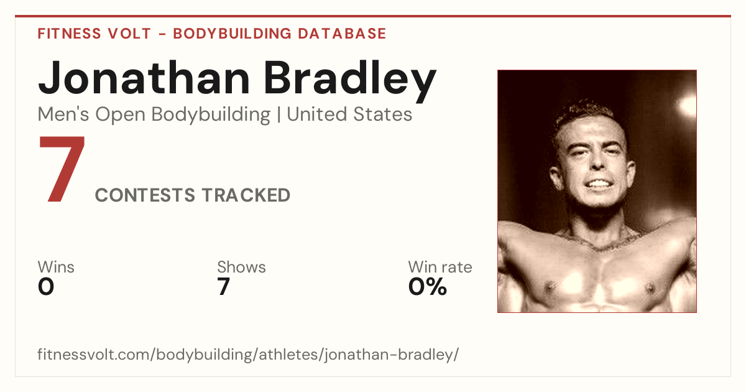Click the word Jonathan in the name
tap(144, 78)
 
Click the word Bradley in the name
tap(350, 82)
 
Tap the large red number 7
tap(62, 169)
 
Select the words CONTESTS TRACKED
tap(193, 195)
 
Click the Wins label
tap(56, 267)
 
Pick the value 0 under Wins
tap(46, 287)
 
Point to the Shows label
tap(241, 267)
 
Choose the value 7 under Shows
tap(223, 287)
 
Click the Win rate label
tap(440, 267)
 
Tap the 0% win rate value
tap(428, 287)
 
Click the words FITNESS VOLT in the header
tap(94, 34)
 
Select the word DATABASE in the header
tap(342, 34)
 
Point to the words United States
tap(349, 114)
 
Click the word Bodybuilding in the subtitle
tap(211, 115)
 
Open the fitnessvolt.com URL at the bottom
tap(248, 354)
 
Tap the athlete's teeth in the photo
tap(599, 184)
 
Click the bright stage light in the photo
tap(688, 105)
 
